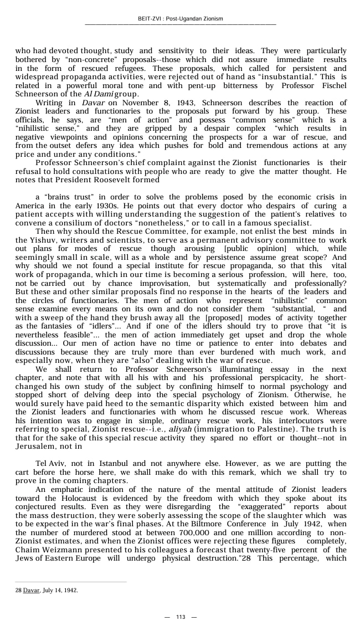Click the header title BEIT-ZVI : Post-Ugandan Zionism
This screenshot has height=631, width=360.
click(x=180, y=19)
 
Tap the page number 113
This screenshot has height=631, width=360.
click(x=180, y=617)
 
